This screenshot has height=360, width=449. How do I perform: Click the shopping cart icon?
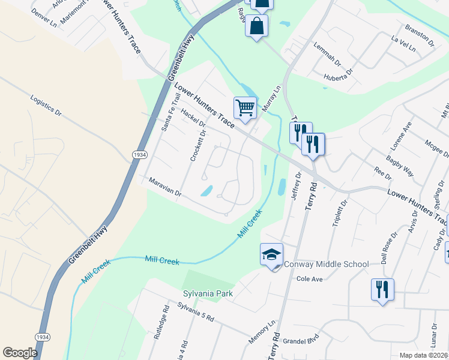(x=245, y=109)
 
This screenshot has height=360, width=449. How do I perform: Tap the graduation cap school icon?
(x=271, y=255)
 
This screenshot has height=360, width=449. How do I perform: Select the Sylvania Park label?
(x=208, y=293)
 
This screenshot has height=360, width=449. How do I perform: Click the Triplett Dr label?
(x=340, y=214)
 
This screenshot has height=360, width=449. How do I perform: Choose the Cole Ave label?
(x=310, y=279)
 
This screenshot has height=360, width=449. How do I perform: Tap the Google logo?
(x=20, y=353)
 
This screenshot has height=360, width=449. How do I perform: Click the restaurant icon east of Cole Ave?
(x=381, y=289)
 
